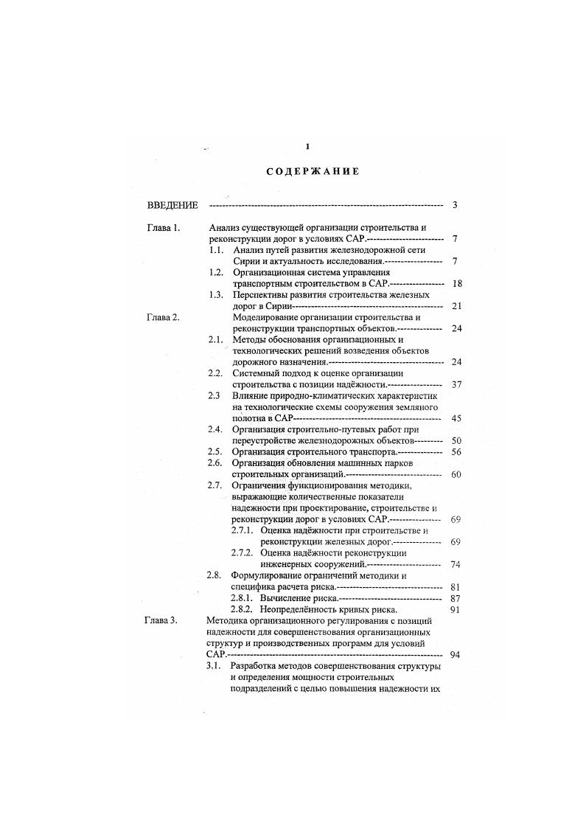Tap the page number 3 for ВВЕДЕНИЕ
[x=456, y=204]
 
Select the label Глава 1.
[x=163, y=229]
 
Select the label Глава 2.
[x=163, y=316]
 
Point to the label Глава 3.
[x=161, y=621]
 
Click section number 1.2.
[x=215, y=272]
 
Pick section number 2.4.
[x=215, y=429]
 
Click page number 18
[x=456, y=283]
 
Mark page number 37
[x=456, y=384]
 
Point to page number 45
[x=456, y=418]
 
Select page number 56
[x=456, y=451]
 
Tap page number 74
[x=456, y=564]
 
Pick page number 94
[x=456, y=655]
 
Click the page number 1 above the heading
[x=307, y=146]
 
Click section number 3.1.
[x=214, y=666]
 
